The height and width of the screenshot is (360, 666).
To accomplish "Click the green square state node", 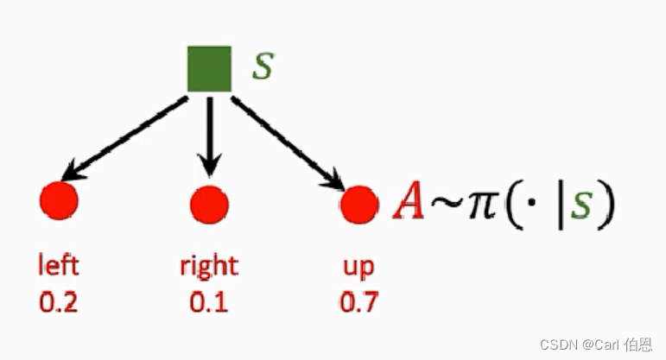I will click(x=209, y=68).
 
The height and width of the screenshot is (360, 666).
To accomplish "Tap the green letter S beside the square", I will click(x=262, y=67).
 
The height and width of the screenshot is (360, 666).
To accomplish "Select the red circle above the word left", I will click(x=59, y=200).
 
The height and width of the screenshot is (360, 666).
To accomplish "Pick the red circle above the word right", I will click(x=209, y=205).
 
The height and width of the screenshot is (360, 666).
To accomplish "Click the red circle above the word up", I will click(x=359, y=205).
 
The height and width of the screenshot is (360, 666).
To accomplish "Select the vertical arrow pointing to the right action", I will click(x=209, y=138).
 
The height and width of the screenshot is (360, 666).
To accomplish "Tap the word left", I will click(x=59, y=265).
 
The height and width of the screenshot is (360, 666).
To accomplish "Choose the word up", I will click(x=358, y=267).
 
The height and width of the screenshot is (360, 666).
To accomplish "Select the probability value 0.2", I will click(x=59, y=302).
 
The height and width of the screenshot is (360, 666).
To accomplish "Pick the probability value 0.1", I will click(x=208, y=302).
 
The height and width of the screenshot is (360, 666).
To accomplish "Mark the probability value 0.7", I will click(x=358, y=302).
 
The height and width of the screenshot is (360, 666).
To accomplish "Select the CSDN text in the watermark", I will click(x=558, y=344).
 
